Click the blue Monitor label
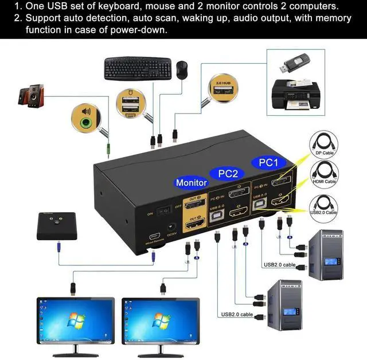[191, 183]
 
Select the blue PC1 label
[268, 163]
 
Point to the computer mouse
[182, 69]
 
